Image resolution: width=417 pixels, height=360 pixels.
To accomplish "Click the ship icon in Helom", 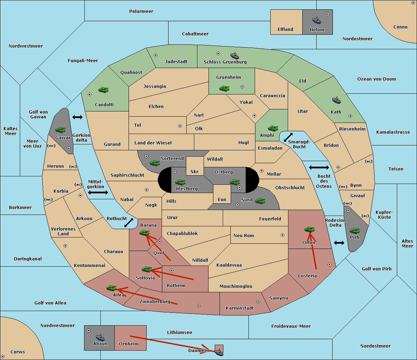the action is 317,20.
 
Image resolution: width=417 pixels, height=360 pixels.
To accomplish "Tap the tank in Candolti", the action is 104,90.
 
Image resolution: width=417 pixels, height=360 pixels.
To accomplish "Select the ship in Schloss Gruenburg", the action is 235,56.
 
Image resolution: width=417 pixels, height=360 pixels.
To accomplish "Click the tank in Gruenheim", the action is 224,88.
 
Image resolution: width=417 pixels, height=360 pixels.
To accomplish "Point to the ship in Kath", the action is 336,100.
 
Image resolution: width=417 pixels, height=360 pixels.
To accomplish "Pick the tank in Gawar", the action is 60,129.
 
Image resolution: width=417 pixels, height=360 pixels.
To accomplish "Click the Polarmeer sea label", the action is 141,11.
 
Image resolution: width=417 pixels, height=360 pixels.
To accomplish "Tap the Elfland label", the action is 285,29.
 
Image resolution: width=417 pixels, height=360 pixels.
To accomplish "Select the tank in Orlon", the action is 310,229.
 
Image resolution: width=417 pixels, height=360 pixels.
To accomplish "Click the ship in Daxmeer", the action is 219,352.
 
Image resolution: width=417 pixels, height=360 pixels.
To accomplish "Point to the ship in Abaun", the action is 100,337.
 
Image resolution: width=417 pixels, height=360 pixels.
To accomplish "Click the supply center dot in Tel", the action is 180,126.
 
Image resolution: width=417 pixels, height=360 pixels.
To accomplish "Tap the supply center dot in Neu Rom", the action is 283,235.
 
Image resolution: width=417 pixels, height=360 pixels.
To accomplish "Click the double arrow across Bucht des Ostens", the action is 319,167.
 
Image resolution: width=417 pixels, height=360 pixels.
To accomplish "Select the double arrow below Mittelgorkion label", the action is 98,192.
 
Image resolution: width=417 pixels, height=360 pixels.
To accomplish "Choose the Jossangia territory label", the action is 155,86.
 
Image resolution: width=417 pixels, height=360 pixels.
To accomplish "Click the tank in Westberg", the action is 180,182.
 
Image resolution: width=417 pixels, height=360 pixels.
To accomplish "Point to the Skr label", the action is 195,171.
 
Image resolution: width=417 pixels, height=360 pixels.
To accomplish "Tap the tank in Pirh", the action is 354,231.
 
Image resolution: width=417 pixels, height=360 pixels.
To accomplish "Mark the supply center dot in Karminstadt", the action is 258,302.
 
